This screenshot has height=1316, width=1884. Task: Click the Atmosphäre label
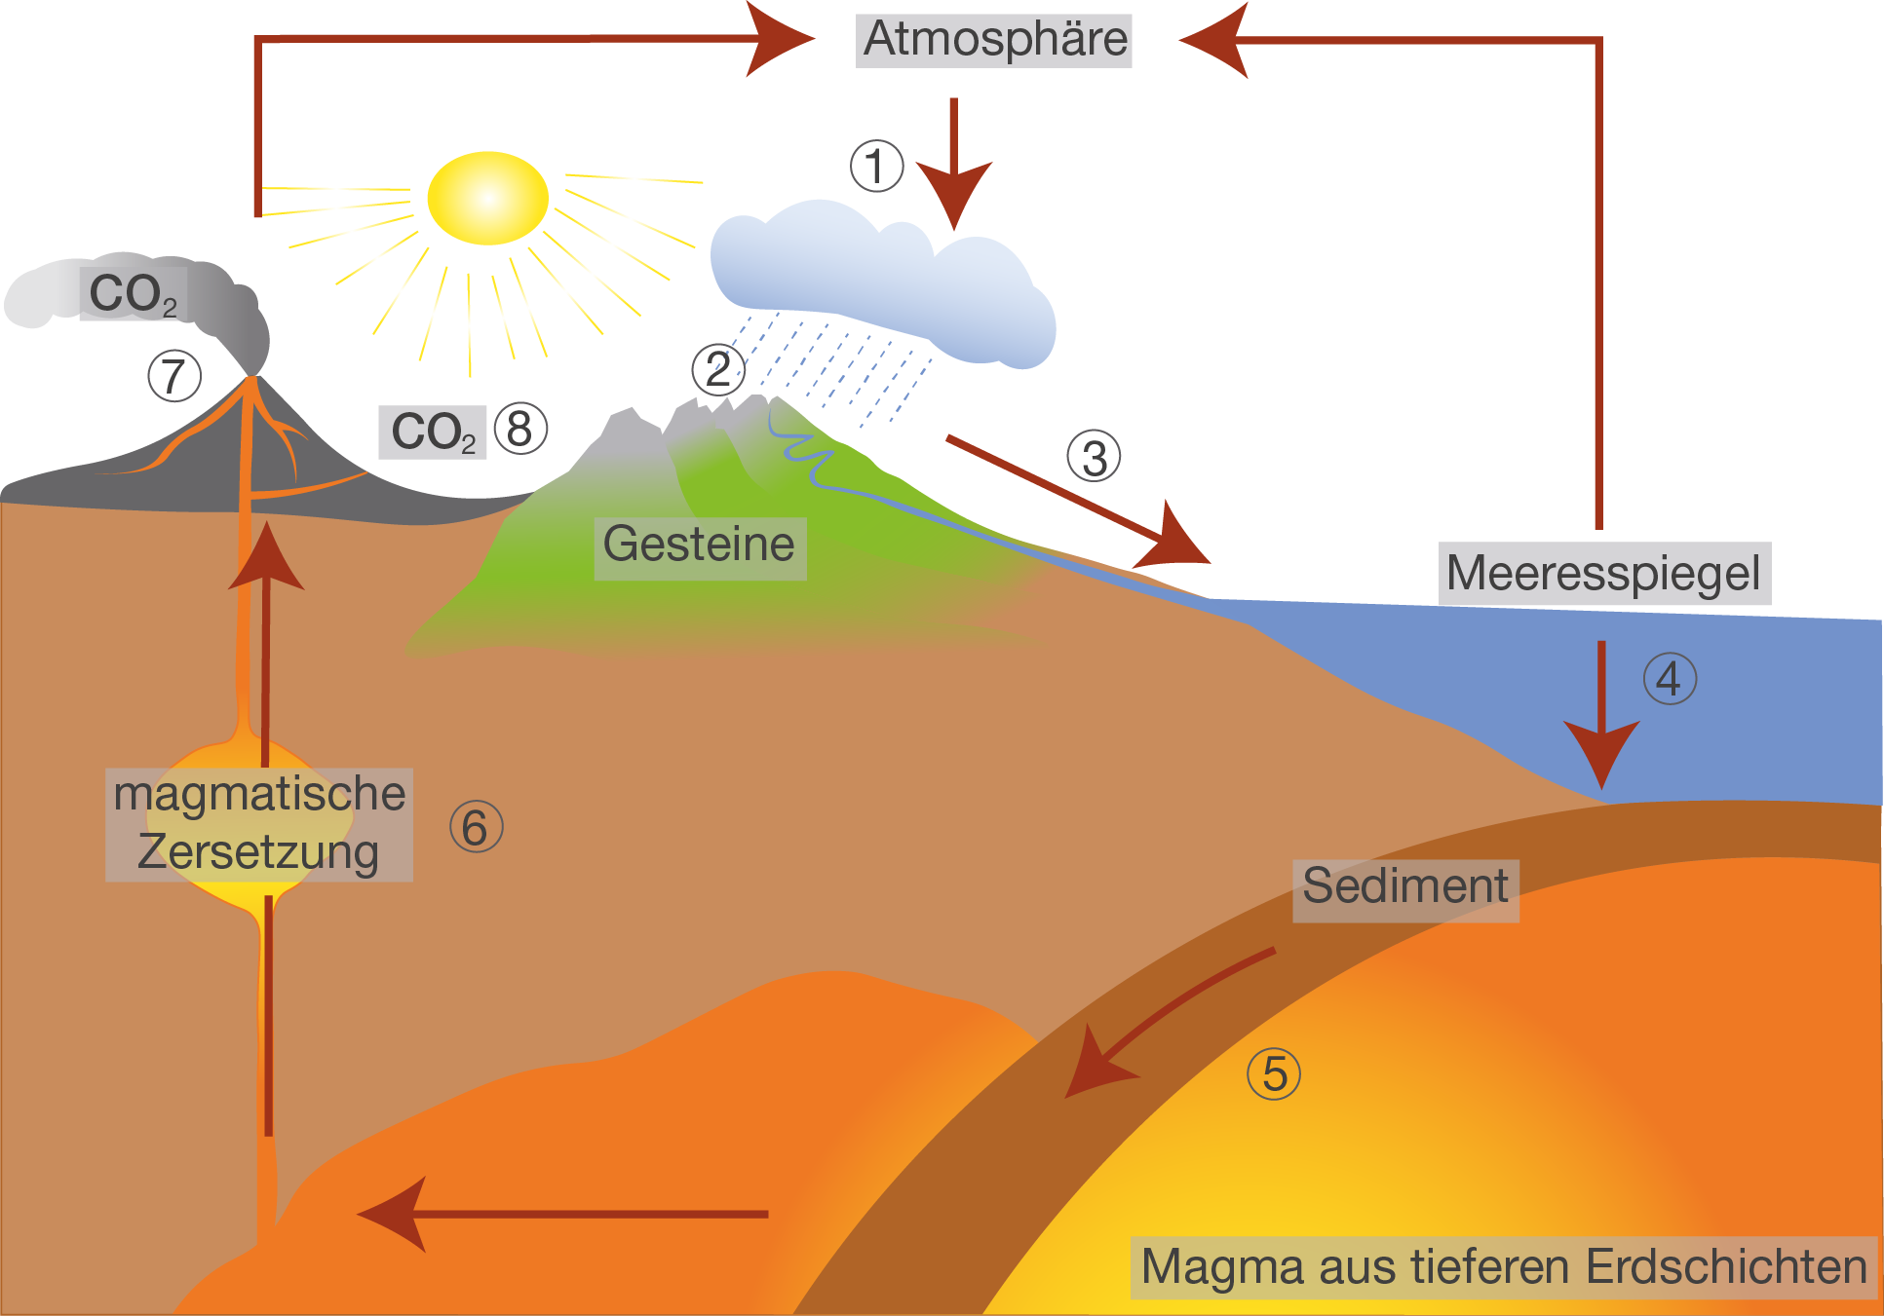coord(994,40)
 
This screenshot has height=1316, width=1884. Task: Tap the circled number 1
coord(876,166)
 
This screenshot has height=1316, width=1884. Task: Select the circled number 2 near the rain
coord(718,369)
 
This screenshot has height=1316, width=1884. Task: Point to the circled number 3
coord(1094,456)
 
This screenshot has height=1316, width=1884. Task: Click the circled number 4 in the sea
coord(1670,679)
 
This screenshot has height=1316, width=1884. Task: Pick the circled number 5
coord(1274,1073)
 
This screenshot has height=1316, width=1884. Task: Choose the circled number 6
coord(476,827)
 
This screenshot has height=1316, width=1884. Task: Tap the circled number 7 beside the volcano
coord(174,376)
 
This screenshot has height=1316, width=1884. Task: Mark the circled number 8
coord(520,429)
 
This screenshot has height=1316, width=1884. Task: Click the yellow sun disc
coord(487,198)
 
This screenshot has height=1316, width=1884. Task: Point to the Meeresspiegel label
coord(1603,574)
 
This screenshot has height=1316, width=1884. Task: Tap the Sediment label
coord(1404,887)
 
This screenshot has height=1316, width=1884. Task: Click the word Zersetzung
coord(258,852)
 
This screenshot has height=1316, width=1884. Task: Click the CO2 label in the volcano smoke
coord(134,293)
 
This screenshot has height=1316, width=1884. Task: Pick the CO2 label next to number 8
coord(433,432)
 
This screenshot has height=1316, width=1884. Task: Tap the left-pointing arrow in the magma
coord(565,1214)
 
